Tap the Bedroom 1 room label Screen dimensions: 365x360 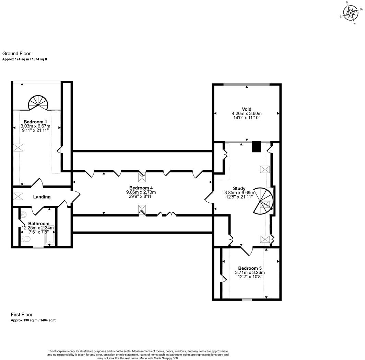point(35,122)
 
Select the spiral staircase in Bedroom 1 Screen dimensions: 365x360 point(38,103)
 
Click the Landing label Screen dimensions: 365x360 point(42,197)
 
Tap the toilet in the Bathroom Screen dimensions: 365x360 point(25,239)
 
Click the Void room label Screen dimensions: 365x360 point(247,109)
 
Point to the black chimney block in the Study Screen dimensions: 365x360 point(256,147)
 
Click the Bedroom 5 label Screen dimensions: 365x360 point(250,268)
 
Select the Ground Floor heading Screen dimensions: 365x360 point(16,54)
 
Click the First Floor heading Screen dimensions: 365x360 point(22,315)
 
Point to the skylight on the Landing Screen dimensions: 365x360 point(18,196)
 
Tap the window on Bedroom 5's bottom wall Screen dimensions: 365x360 point(247,300)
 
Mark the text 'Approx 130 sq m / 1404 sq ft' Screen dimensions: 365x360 point(33,320)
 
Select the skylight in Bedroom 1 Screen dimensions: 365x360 point(18,148)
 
